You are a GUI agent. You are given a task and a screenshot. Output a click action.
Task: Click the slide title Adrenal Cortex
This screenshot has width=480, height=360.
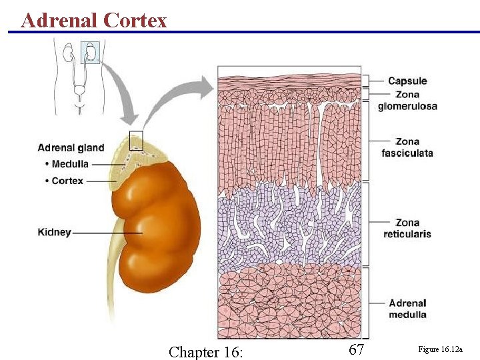[94, 20]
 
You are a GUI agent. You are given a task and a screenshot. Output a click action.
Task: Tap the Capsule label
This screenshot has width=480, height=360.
[407, 81]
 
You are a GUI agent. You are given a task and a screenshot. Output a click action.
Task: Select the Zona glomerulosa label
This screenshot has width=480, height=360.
[407, 100]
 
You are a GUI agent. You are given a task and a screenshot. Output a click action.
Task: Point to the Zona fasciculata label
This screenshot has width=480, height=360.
[407, 147]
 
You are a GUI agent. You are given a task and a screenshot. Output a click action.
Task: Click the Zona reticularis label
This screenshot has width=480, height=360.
[407, 228]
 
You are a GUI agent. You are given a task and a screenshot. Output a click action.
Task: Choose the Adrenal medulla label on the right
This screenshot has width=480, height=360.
[407, 309]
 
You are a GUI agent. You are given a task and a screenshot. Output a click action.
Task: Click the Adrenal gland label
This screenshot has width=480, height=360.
[71, 147]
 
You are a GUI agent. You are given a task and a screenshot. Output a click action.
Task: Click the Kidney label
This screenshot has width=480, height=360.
[54, 233]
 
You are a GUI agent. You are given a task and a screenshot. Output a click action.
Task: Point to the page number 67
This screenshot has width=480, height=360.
[357, 349]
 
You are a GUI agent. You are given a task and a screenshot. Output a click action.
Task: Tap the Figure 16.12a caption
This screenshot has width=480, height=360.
[440, 349]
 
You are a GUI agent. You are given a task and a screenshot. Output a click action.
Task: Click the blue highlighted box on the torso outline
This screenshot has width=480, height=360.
[90, 52]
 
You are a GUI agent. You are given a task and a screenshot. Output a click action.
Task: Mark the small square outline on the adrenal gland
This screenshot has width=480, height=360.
[136, 140]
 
